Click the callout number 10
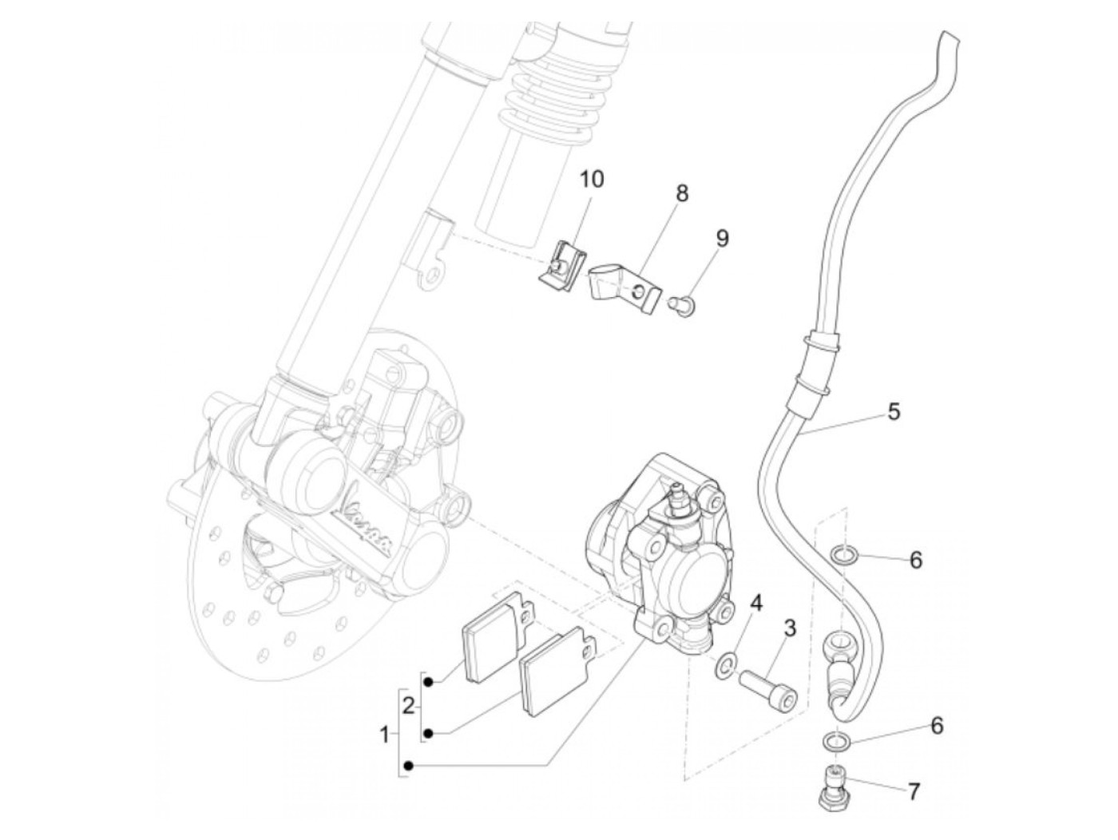[592, 179]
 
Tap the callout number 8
[681, 193]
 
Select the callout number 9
[722, 238]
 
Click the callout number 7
[914, 792]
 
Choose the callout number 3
[789, 628]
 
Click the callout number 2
[408, 706]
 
